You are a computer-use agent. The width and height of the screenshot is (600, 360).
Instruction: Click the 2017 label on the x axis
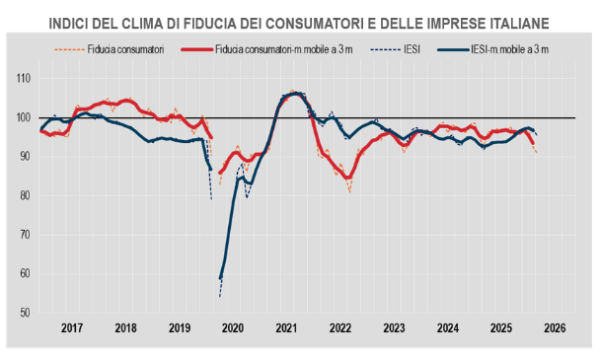click(x=72, y=327)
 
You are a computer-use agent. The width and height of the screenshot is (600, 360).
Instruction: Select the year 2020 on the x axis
click(x=233, y=327)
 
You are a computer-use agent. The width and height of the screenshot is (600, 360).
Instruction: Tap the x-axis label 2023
click(x=394, y=327)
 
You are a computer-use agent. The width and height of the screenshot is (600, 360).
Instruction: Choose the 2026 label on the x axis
click(x=555, y=327)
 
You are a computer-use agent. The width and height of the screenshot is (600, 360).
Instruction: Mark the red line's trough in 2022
click(x=348, y=178)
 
